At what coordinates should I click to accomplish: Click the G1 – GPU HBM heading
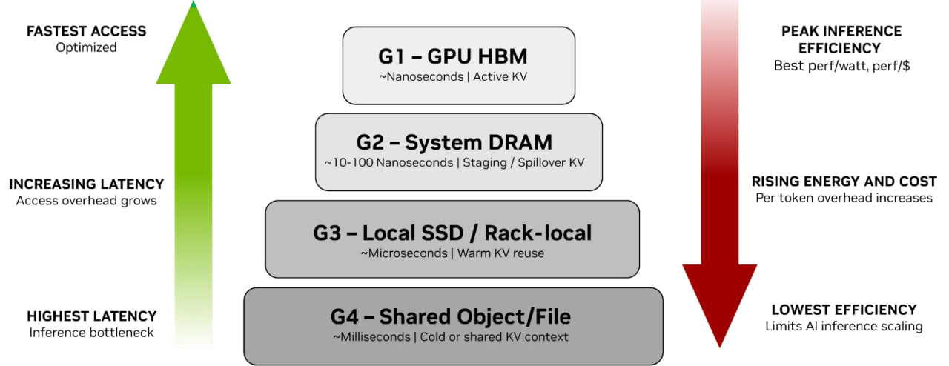[457, 56]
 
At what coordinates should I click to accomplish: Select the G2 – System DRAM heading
[458, 142]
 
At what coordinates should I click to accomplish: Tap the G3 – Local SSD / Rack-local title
[452, 233]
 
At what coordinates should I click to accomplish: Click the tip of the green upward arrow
[194, 6]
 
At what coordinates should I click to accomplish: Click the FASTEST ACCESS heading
[86, 31]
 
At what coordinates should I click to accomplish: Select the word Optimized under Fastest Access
[86, 47]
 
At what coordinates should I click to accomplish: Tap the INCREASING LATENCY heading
[86, 184]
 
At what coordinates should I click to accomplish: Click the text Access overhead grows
[86, 200]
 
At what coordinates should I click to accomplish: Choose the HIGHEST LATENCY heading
[91, 316]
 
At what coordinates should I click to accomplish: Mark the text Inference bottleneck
[91, 333]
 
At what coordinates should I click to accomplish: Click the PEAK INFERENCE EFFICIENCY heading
[841, 40]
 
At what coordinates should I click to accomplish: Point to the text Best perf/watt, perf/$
[841, 66]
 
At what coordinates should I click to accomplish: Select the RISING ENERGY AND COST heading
[844, 182]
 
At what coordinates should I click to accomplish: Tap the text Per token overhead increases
[844, 198]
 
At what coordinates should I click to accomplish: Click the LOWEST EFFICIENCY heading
[844, 310]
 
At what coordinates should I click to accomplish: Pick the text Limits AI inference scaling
[844, 326]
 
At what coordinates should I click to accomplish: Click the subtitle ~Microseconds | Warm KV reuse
[452, 253]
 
